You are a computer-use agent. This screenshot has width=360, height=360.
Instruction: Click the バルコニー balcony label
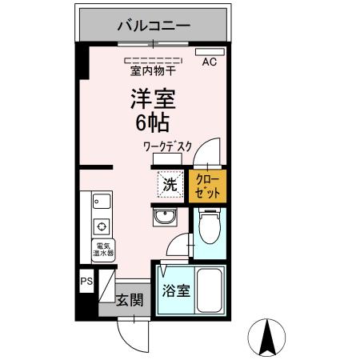tap(154, 25)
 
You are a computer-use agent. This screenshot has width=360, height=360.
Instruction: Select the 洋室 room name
tap(154, 100)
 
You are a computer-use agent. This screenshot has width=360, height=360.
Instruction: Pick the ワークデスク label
tap(168, 147)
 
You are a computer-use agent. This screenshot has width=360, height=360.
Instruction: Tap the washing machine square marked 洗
tap(170, 184)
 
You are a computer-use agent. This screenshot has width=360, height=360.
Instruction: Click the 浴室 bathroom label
tap(177, 291)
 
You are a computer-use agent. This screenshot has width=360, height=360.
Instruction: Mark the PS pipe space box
tap(86, 282)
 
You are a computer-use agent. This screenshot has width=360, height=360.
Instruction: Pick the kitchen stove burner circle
tap(102, 225)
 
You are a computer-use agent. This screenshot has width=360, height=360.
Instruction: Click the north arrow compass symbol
tap(270, 339)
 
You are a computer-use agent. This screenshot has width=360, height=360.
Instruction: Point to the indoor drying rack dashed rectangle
tap(154, 59)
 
